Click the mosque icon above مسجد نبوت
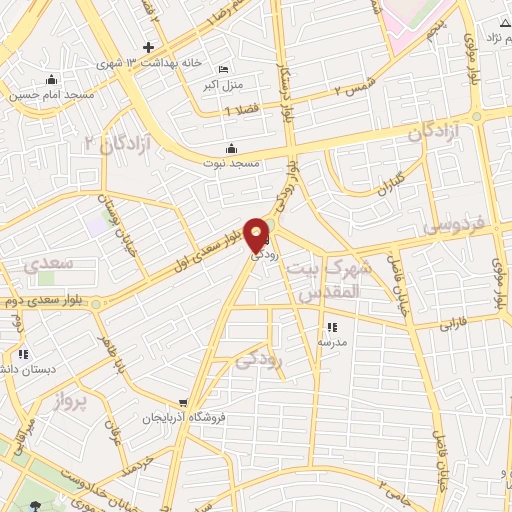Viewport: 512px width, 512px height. [x=233, y=148]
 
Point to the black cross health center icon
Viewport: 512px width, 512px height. [x=148, y=47]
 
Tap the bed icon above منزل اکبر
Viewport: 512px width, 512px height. [x=223, y=70]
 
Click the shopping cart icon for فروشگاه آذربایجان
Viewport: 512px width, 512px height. [x=181, y=402]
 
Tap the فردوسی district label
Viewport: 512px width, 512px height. [x=452, y=226]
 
